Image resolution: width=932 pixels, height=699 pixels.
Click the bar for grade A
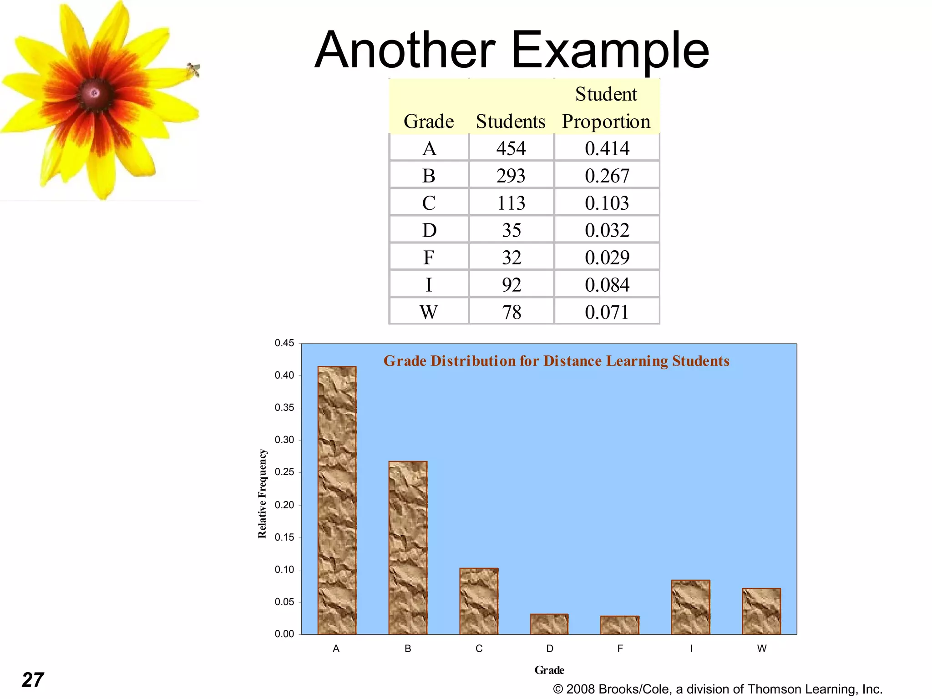point(337,501)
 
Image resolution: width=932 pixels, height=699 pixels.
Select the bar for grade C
point(479,601)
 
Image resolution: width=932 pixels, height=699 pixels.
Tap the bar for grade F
point(620,625)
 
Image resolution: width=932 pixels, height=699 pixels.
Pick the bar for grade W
point(761,611)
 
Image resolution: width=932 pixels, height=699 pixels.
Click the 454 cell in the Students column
point(511,149)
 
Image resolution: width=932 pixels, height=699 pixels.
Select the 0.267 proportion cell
point(607,176)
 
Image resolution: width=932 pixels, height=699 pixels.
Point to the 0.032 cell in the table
point(607,231)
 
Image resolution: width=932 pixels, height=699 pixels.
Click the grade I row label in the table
point(429,285)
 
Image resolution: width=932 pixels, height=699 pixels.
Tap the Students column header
point(511,122)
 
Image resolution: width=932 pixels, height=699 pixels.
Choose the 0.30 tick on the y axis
point(284,440)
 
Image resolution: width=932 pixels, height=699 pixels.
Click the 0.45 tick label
point(284,343)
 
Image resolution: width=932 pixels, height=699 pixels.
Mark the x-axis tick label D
point(550,648)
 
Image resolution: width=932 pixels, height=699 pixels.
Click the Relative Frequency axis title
point(262,493)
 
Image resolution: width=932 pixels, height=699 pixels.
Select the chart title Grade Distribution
point(556,361)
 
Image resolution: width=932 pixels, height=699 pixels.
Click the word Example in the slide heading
point(610,50)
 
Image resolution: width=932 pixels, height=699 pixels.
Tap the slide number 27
point(33,680)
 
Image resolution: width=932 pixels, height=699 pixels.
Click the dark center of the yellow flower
point(95,93)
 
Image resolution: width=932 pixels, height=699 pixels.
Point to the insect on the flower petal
point(194,70)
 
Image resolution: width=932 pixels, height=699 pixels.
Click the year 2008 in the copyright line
point(581,689)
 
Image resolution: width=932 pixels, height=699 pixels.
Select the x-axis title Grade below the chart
point(549,670)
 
